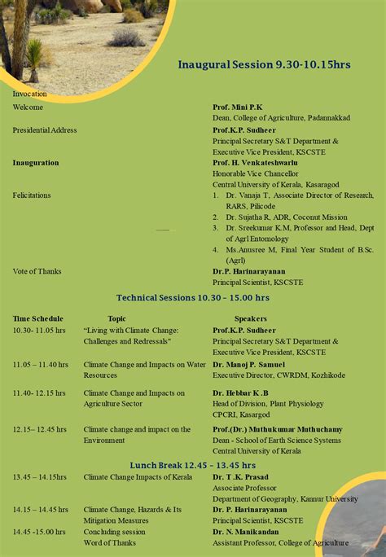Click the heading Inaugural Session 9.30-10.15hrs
(264, 64)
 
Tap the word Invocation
(30, 94)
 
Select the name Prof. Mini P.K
(238, 107)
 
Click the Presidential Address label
(45, 130)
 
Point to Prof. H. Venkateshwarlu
(256, 163)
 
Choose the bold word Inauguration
(36, 163)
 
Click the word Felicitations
(32, 195)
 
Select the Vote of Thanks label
(37, 271)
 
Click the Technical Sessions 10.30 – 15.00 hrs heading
(192, 298)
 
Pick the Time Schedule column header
(38, 318)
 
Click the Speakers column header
(251, 318)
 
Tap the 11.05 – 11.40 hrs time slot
(41, 365)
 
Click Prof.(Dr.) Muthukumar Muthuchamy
(278, 429)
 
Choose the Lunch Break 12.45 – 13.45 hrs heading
(192, 465)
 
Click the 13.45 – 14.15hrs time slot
(40, 476)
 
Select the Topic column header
(117, 318)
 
